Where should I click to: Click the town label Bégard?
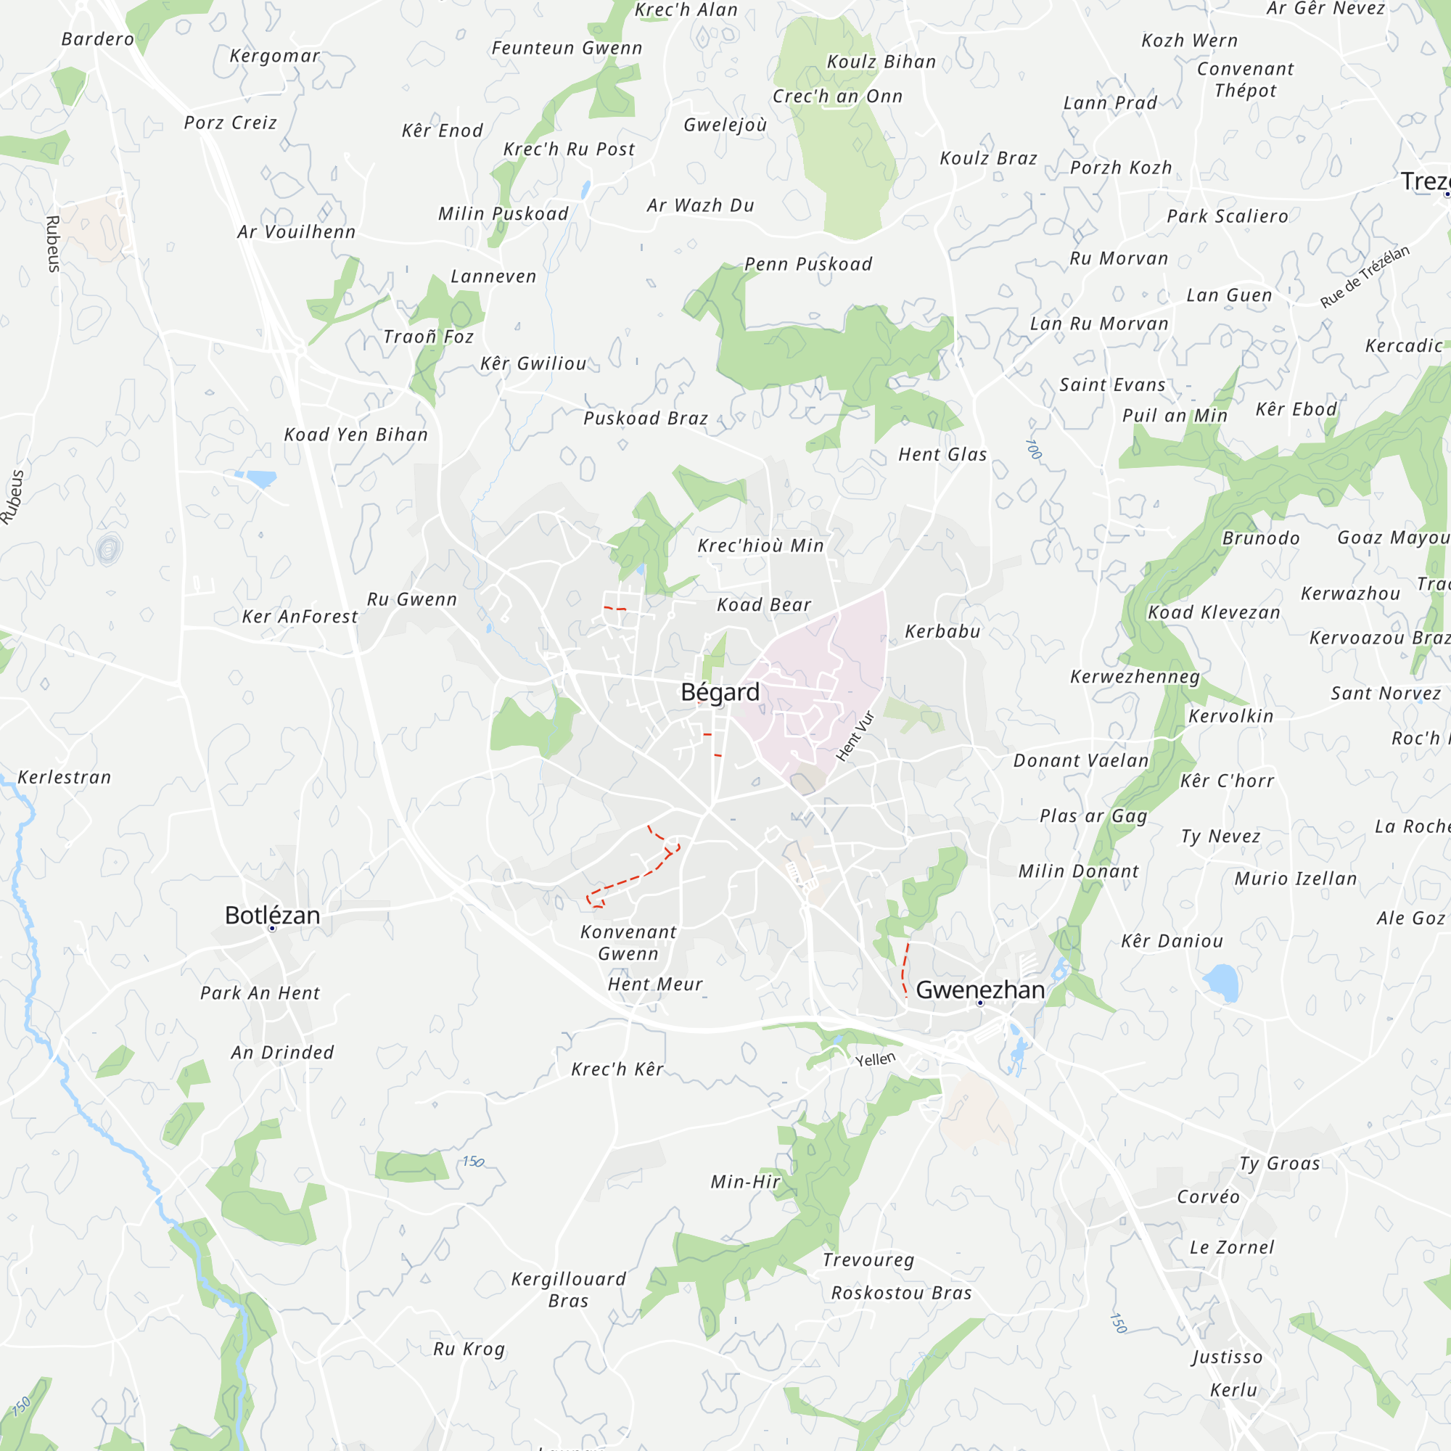point(720,691)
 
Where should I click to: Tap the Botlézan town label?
point(273,915)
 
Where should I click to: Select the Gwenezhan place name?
point(980,990)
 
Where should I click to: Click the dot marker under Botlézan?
point(273,929)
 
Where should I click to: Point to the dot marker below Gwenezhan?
point(980,1003)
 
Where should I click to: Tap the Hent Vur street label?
point(856,736)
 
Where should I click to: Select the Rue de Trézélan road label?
point(1365,276)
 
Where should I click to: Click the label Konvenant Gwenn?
point(628,942)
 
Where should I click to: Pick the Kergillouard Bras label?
point(569,1289)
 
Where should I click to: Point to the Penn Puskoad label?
point(808,264)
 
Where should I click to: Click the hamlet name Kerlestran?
point(65,777)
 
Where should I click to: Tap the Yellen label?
point(876,1060)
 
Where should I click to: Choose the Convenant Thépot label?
point(1245,80)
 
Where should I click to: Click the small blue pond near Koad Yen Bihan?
point(258,477)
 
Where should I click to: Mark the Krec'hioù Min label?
point(761,546)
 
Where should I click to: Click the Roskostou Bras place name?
point(901,1293)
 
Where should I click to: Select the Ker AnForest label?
point(300,617)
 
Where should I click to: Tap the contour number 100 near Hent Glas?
point(1034,449)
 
